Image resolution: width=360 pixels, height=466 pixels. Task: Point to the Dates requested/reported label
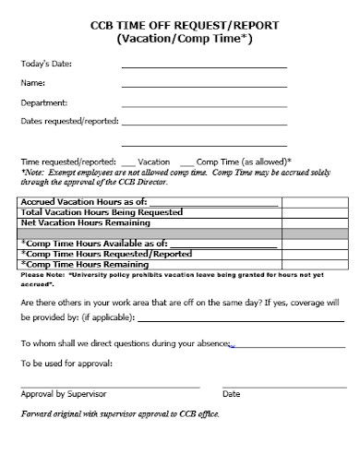tap(69, 121)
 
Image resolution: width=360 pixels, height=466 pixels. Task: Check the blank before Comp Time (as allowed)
tap(187, 161)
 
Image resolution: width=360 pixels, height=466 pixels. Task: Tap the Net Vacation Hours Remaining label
tap(90, 223)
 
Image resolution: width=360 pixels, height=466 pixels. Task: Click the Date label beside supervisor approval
tap(232, 393)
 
